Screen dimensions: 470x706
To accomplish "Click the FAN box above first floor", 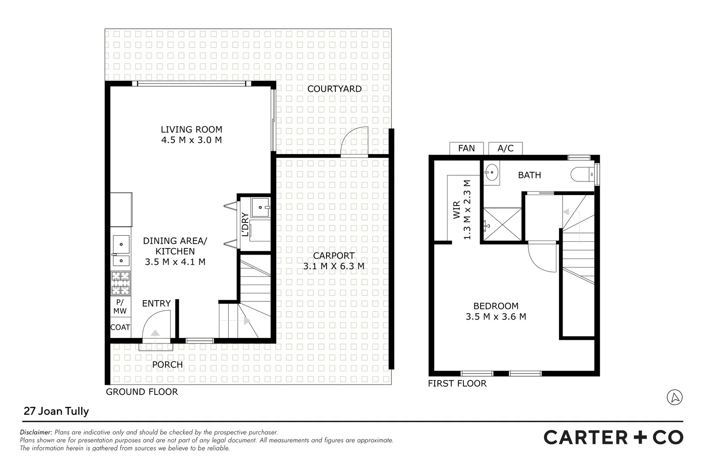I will pos(466,148).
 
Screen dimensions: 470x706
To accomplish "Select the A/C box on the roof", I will pos(505,148).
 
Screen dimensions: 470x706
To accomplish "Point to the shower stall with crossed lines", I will pos(503,224).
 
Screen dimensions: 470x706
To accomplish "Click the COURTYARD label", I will pos(334,89).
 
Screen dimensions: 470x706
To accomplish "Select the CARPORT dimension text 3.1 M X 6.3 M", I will pos(334,266).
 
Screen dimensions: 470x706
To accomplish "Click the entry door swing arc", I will pos(157,324).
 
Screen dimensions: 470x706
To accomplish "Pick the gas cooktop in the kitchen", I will pos(120,283).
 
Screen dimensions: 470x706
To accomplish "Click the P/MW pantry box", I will pos(120,307).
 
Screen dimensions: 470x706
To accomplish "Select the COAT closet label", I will pos(120,327).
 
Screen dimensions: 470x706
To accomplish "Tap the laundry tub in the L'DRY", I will pos(260,207).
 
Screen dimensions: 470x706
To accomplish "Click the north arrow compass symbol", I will pos(674,397).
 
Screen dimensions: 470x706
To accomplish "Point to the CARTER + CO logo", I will pos(613,437).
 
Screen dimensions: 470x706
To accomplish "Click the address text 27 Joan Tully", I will pos(56,411).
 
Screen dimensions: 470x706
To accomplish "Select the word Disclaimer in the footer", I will pos(36,432).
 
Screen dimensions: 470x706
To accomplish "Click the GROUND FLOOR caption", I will pos(142,392).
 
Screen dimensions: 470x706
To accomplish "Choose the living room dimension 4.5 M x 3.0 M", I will pos(191,140).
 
